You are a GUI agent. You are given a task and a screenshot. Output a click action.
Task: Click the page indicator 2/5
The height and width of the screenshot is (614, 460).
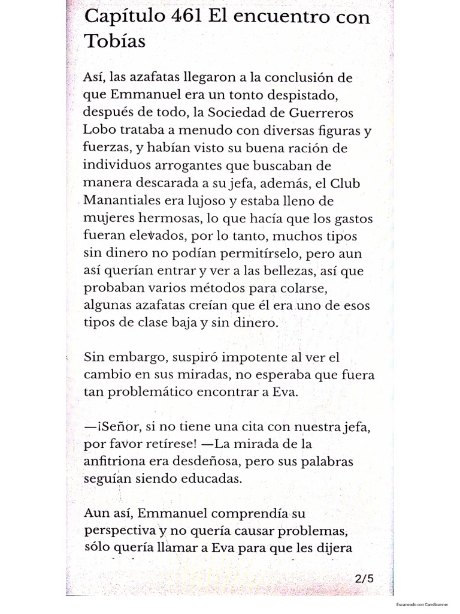(364, 579)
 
